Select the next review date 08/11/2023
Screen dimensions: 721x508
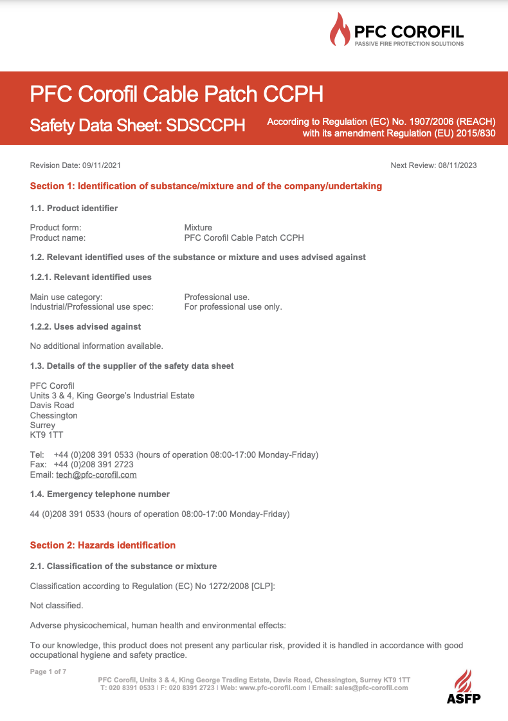point(458,165)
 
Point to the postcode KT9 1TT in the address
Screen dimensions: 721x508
point(47,435)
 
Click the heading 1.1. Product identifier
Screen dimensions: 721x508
point(74,208)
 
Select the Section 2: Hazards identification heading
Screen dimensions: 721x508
point(103,545)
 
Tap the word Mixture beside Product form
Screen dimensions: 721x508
point(198,227)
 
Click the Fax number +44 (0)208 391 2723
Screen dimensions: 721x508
point(94,465)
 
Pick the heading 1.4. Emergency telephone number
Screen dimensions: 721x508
point(100,494)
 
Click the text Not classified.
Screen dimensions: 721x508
point(57,605)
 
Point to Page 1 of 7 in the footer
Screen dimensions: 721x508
point(48,671)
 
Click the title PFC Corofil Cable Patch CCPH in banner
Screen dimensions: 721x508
point(176,95)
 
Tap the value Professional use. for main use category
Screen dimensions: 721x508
point(217,297)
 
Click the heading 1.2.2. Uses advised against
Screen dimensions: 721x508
point(86,326)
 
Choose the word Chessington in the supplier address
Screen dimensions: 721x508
point(54,415)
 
